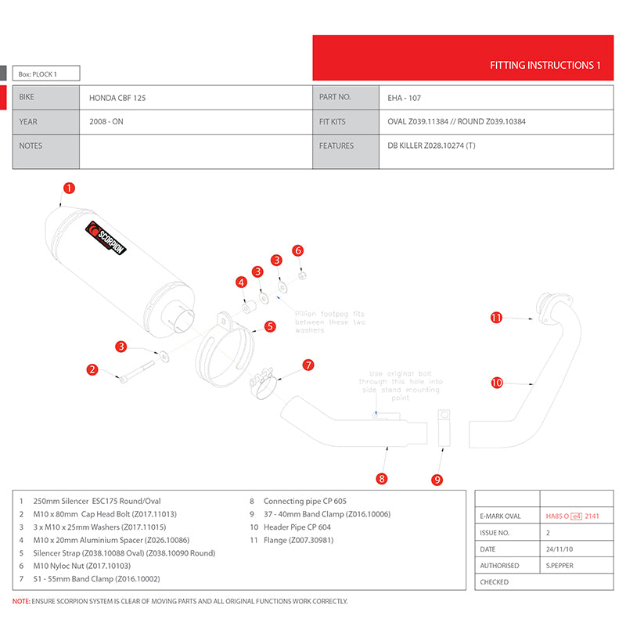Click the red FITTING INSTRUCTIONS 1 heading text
click(x=545, y=66)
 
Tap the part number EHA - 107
click(x=405, y=99)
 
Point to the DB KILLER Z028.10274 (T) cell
click(x=431, y=146)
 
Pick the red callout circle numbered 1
click(x=70, y=188)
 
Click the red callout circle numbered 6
click(x=297, y=250)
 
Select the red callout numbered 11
click(x=496, y=318)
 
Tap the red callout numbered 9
click(x=437, y=479)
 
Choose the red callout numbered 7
click(x=308, y=365)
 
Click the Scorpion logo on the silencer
click(x=106, y=239)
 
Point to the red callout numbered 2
click(x=92, y=369)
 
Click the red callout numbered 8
click(x=382, y=478)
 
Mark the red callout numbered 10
click(x=497, y=383)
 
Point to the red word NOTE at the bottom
click(x=21, y=602)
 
